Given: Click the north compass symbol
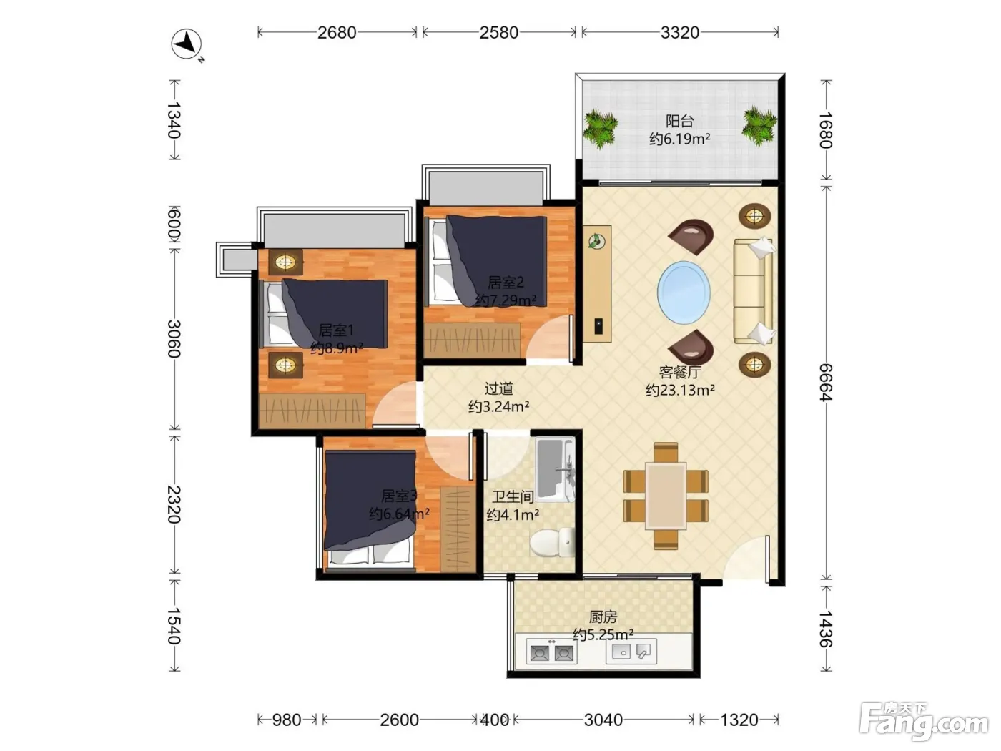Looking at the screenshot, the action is (x=187, y=44).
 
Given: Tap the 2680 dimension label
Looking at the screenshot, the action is (x=337, y=33).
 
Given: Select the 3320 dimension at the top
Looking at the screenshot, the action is (x=679, y=33).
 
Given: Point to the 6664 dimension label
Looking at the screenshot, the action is (x=826, y=383).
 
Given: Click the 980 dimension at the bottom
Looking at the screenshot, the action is (x=287, y=720).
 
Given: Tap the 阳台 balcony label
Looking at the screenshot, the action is (x=679, y=121).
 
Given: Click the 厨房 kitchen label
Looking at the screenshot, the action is (x=603, y=617).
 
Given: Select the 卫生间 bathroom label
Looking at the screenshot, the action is (x=513, y=496).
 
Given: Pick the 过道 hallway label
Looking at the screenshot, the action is (x=499, y=388).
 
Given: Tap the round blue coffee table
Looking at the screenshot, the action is (x=683, y=293).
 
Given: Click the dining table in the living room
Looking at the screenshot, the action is (x=666, y=496).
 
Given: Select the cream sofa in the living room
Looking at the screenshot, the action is (x=753, y=291).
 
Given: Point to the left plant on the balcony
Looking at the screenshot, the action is (x=601, y=128).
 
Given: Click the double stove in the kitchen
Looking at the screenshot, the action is (x=551, y=652).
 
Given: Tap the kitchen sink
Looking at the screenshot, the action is (x=631, y=651).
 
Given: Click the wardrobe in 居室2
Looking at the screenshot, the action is (x=472, y=340).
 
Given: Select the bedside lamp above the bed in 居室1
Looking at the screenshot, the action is (x=285, y=262).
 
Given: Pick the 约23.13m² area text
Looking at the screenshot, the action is (x=679, y=391).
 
